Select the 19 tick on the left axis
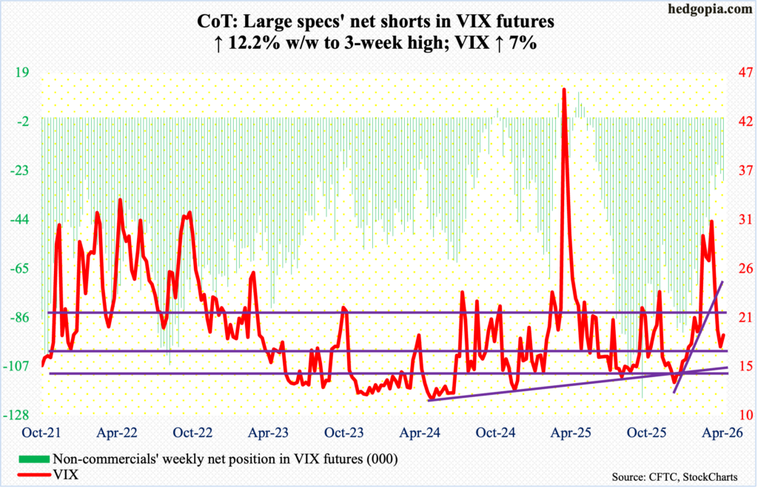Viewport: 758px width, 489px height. (x=21, y=74)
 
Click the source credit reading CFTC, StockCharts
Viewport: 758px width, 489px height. (x=679, y=474)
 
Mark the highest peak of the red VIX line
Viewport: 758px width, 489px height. (x=564, y=90)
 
